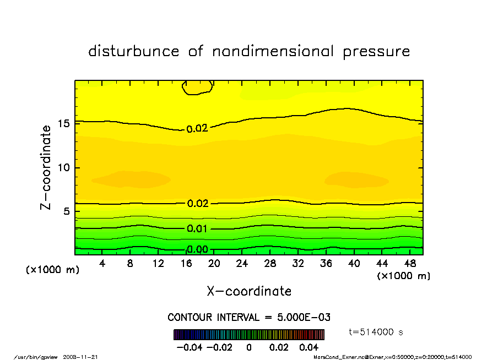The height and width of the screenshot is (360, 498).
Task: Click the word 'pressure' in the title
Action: [x=377, y=52]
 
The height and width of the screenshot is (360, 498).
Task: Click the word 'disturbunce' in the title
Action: [x=133, y=52]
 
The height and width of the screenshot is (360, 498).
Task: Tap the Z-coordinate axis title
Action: [x=46, y=167]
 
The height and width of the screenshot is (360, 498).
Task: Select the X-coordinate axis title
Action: [x=249, y=291]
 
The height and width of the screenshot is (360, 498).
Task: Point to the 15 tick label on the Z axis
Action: [x=64, y=123]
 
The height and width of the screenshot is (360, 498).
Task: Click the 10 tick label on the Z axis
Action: [x=64, y=167]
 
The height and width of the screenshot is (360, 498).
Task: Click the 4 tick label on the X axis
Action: [x=102, y=264]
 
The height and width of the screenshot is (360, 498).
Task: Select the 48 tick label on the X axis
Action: [x=410, y=264]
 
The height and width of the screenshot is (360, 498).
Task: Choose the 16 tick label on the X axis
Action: [x=186, y=264]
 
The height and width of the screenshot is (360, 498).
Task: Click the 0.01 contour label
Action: [x=197, y=228]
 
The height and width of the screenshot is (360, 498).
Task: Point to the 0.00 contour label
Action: [x=197, y=249]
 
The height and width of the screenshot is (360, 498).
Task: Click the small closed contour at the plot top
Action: [x=197, y=87]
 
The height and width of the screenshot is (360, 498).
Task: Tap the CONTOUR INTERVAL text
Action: [x=249, y=318]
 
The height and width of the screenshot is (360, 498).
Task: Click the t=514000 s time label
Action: [x=377, y=331]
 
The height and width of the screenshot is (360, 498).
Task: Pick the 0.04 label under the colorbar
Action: [x=308, y=348]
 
